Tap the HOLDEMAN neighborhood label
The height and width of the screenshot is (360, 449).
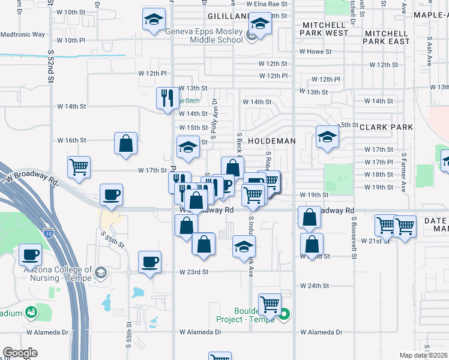click(272, 141)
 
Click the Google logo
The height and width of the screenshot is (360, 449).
click(20, 352)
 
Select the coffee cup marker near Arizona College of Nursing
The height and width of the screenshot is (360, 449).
click(29, 254)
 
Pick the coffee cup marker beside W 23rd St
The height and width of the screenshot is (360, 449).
click(149, 261)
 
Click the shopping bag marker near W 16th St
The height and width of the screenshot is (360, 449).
click(125, 143)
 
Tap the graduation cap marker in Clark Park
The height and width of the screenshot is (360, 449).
click(327, 137)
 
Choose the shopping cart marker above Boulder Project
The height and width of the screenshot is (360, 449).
click(270, 304)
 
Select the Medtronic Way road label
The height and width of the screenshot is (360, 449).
click(22, 34)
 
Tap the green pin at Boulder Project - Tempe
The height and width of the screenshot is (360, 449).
click(285, 313)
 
